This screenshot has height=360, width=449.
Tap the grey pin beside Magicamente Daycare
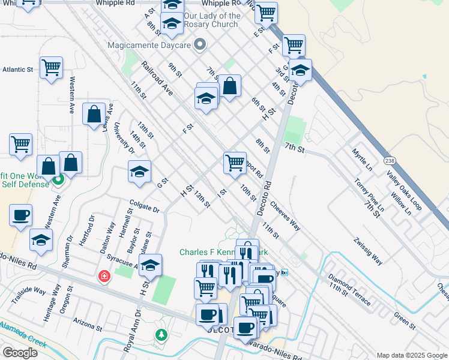pos(200,45)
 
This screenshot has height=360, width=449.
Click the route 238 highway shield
pos(390,161)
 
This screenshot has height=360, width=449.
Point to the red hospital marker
pos(104,276)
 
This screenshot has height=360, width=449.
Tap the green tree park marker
pos(160,335)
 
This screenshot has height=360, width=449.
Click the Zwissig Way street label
pos(368,251)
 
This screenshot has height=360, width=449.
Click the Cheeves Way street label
pos(285,215)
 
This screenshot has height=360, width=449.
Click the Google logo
pos(20,353)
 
